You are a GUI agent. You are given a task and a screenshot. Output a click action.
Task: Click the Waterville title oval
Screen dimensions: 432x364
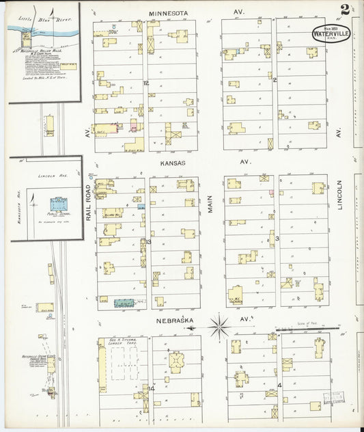pyautogui.click(x=330, y=32)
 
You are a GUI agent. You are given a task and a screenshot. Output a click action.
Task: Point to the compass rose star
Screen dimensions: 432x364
pyautogui.click(x=219, y=327)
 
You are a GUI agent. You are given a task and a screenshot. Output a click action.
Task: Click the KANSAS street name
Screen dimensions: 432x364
pyautogui.click(x=173, y=163)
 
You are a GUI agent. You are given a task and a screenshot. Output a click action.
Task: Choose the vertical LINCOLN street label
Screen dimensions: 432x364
pyautogui.click(x=339, y=194)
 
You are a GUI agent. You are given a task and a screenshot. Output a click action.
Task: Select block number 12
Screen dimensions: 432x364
pyautogui.click(x=146, y=83)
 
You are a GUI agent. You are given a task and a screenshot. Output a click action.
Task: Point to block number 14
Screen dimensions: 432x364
pyautogui.click(x=152, y=388)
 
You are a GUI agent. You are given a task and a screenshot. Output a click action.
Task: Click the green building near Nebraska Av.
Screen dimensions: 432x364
pyautogui.click(x=124, y=303)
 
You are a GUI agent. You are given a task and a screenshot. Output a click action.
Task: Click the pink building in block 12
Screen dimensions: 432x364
pyautogui.click(x=134, y=126)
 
